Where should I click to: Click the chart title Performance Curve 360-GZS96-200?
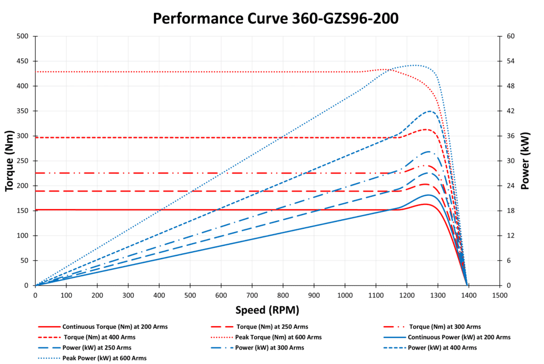click(275, 19)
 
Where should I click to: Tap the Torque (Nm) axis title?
click(9, 161)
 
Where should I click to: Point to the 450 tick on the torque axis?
click(23, 61)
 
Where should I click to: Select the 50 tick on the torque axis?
click(25, 261)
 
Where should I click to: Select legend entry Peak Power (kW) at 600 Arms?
click(104, 358)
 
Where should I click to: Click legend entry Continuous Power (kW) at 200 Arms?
click(458, 337)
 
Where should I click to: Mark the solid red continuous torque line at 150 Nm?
click(212, 210)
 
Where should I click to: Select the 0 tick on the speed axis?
click(35, 295)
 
